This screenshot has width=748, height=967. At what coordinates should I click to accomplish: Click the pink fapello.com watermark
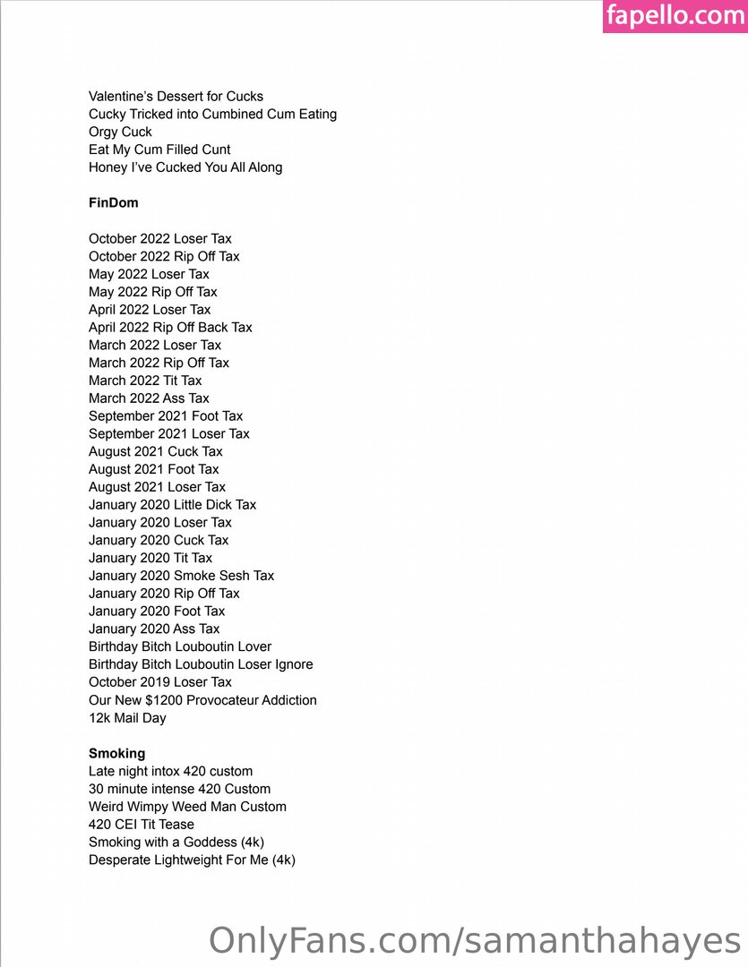point(675,16)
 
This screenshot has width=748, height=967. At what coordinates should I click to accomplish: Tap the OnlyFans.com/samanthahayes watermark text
point(475,940)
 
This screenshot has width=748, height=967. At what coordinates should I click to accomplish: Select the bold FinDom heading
point(114,203)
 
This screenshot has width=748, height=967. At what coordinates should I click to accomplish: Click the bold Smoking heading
point(116,753)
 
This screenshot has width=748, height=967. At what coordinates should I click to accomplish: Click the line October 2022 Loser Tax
point(160,239)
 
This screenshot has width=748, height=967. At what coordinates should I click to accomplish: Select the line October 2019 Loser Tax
point(160,682)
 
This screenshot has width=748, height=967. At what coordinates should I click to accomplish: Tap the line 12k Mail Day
point(127,718)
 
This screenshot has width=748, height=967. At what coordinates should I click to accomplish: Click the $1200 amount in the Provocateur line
point(162,700)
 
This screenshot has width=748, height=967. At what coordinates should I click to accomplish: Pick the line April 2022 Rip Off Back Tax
point(170,328)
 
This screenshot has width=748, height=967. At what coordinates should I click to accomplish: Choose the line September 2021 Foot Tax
point(166,416)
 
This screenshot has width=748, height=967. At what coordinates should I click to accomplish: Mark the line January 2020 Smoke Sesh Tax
point(181,576)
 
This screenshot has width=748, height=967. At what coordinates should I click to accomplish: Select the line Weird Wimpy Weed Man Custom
point(187,807)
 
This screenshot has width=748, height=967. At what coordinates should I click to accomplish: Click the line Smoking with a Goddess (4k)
point(176,842)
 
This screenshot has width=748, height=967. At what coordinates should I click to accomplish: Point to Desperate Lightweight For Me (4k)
point(192,860)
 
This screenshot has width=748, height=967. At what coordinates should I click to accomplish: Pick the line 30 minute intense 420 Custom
point(179,789)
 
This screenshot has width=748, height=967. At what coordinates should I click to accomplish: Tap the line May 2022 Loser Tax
point(149,274)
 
